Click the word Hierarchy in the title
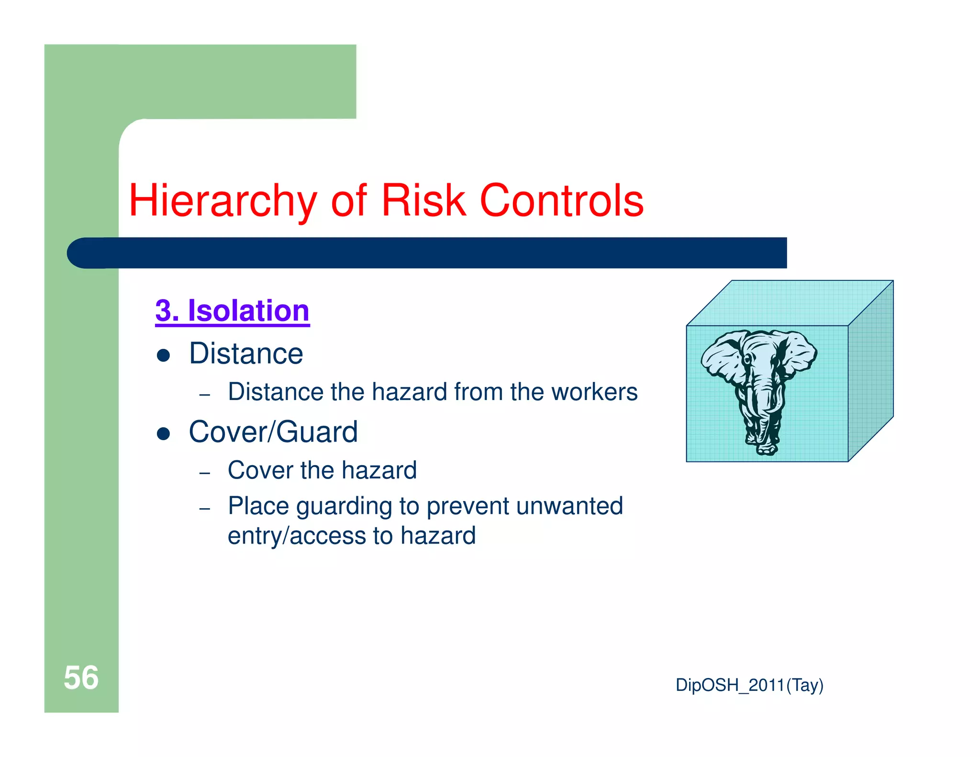coord(223,201)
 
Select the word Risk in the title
coord(423,201)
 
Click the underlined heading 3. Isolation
coord(233,311)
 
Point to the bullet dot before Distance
coord(164,356)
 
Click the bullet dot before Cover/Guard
coord(164,434)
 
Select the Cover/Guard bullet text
coord(273,432)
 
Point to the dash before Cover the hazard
coord(205,473)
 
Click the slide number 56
coord(81,678)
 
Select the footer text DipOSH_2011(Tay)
coord(749,685)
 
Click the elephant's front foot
coord(766,447)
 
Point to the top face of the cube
coord(790,302)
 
